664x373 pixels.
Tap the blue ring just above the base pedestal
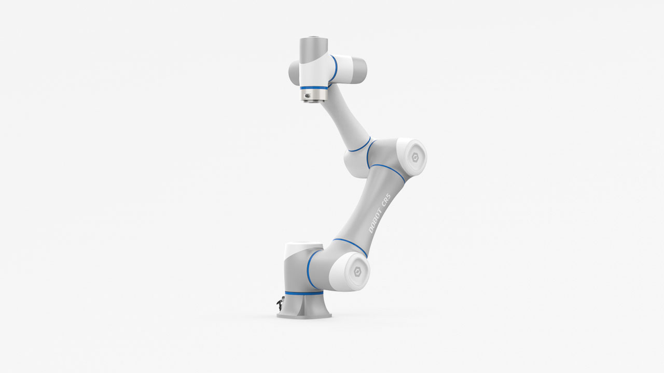(x=304, y=293)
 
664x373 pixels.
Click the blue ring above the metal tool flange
(x=314, y=88)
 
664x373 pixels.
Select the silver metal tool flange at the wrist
(x=314, y=96)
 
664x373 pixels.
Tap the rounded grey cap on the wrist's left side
(x=294, y=73)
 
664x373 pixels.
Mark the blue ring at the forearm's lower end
(x=359, y=145)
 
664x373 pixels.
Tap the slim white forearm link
(x=345, y=117)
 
